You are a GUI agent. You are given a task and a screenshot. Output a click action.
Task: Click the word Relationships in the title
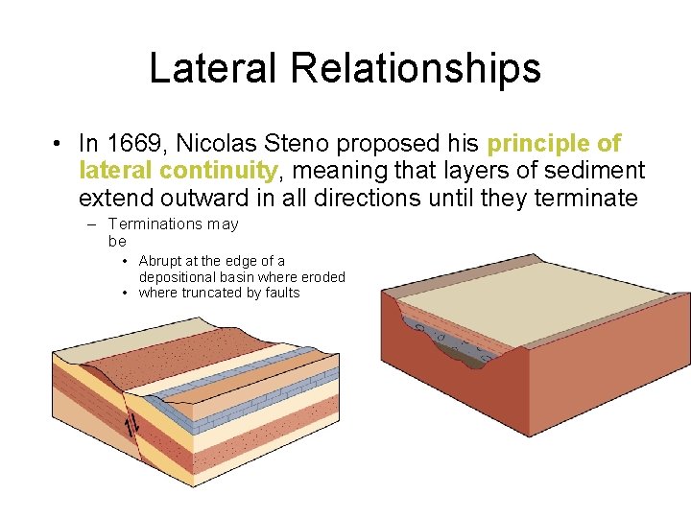pos(415,69)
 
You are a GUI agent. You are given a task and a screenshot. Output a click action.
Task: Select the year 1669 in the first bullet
pos(130,144)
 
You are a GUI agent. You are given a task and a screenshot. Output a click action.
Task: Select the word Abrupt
pos(159,261)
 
